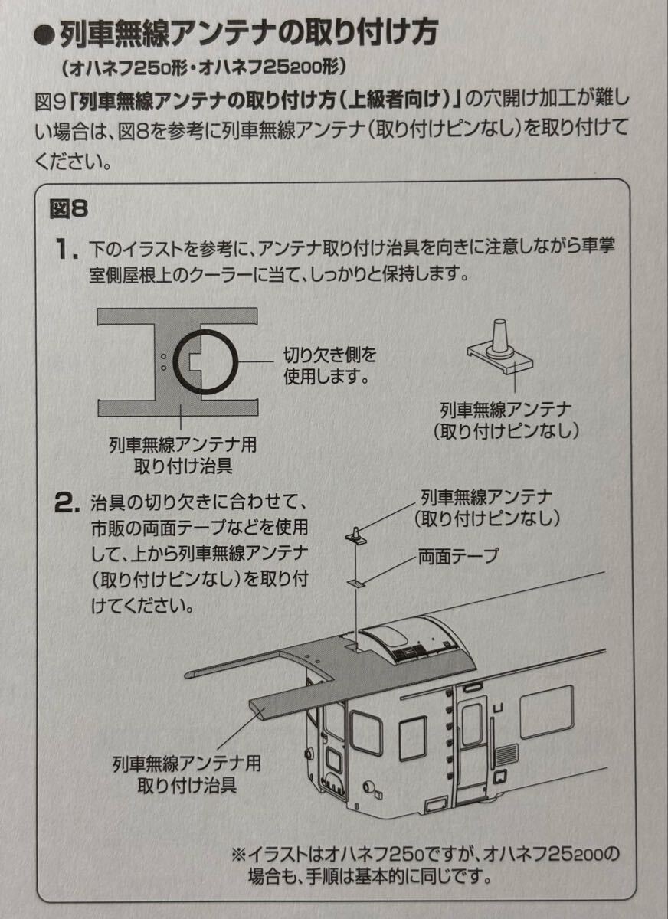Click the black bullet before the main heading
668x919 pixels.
click(44, 34)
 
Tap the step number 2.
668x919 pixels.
click(66, 503)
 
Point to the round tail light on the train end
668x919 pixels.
click(372, 787)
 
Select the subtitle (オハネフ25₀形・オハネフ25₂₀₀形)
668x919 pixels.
click(200, 67)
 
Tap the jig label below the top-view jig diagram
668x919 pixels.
click(182, 453)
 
